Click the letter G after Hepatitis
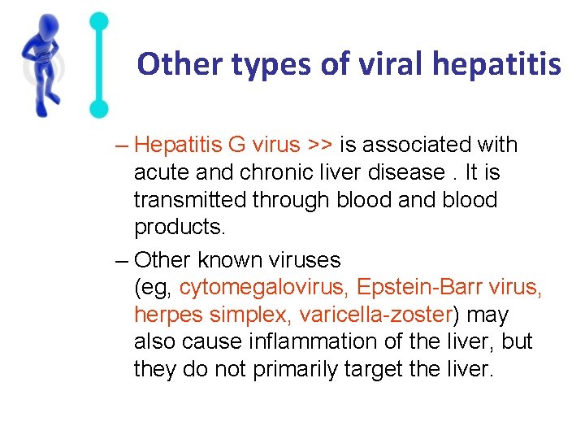point(236,145)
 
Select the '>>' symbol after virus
point(319,145)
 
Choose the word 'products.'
point(176,228)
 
